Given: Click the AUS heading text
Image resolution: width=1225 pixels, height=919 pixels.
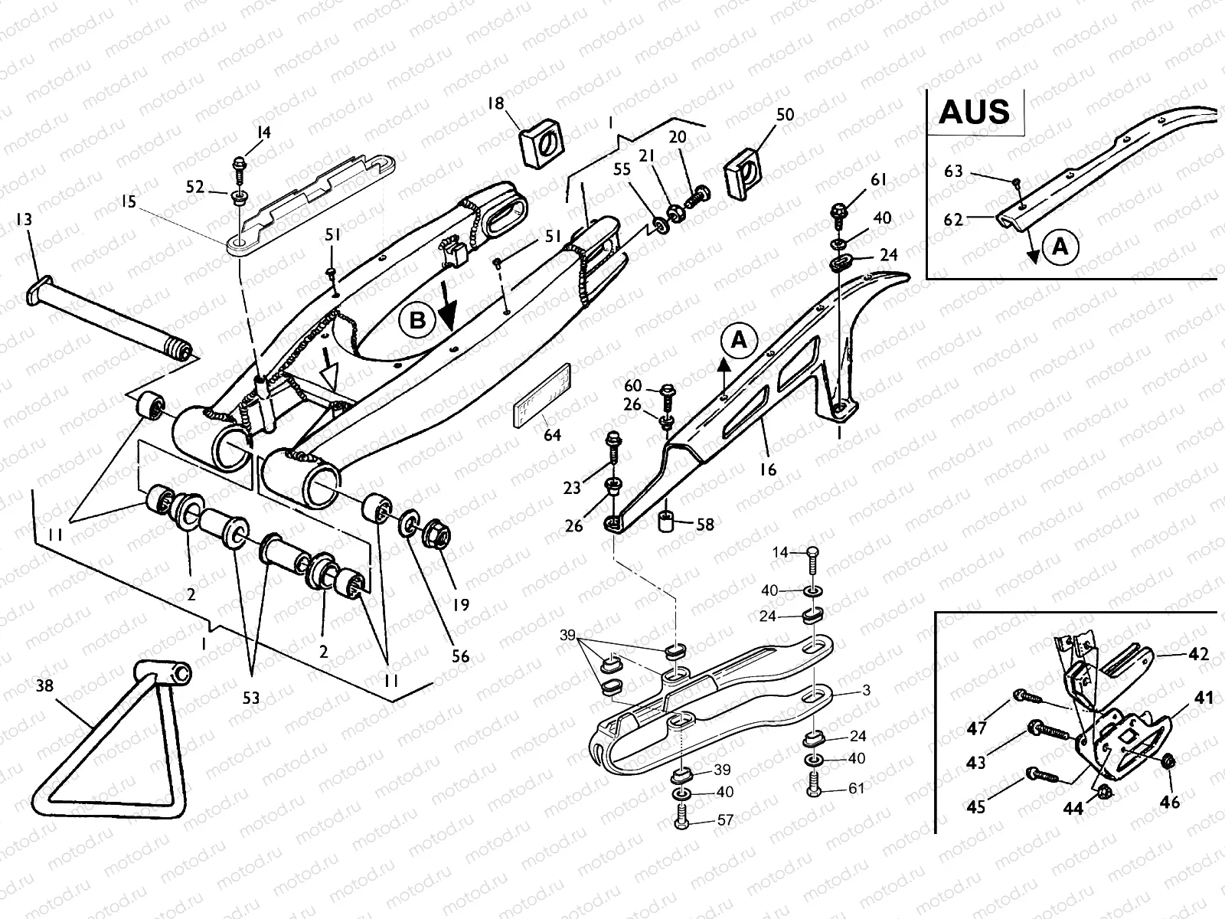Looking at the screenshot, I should [x=974, y=112].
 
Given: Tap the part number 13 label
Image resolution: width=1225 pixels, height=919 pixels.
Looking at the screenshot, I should [x=24, y=221].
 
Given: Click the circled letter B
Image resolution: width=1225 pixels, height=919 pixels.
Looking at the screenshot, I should [x=417, y=320].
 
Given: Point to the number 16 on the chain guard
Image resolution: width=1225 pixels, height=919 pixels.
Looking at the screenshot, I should [x=767, y=469].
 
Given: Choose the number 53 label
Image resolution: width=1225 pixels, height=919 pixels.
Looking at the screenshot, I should [x=251, y=698].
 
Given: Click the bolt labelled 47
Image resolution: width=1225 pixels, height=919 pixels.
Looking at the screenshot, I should [x=1027, y=697].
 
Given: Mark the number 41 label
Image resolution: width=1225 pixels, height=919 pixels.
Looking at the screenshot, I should [x=1204, y=698].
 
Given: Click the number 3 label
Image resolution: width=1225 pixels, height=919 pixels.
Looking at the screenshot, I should [x=866, y=690].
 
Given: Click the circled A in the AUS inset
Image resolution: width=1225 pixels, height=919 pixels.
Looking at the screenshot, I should [x=1060, y=246].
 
